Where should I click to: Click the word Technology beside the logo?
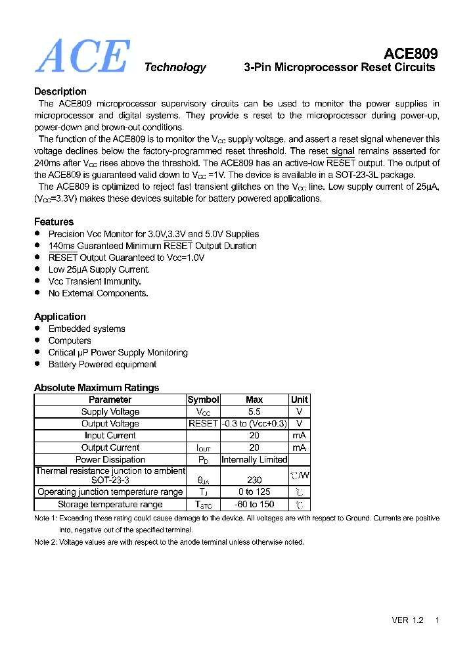pyautogui.click(x=175, y=67)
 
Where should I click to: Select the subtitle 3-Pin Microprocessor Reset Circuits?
pyautogui.click(x=339, y=67)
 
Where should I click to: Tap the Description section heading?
pyautogui.click(x=60, y=91)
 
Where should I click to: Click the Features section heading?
pyautogui.click(x=54, y=221)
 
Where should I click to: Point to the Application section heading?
pyautogui.click(x=60, y=317)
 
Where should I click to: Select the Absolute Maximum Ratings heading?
pyautogui.click(x=97, y=388)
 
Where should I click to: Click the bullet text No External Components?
pyautogui.click(x=98, y=293)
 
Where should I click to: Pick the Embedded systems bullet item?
pyautogui.click(x=87, y=329)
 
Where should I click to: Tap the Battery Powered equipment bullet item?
pyautogui.click(x=102, y=364)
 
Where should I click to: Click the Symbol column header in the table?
pyautogui.click(x=203, y=400)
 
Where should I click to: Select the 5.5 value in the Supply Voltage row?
pyautogui.click(x=254, y=411)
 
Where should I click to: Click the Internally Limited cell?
pyautogui.click(x=254, y=459)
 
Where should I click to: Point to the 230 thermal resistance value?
pyautogui.click(x=254, y=480)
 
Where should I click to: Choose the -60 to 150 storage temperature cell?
pyautogui.click(x=254, y=504)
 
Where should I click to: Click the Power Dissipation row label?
pyautogui.click(x=110, y=459)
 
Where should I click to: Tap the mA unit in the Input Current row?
pyautogui.click(x=299, y=435)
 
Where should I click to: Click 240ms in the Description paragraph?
pyautogui.click(x=47, y=163)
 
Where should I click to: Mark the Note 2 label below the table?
pyautogui.click(x=45, y=542)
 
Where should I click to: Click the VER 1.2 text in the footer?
pyautogui.click(x=407, y=620)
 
